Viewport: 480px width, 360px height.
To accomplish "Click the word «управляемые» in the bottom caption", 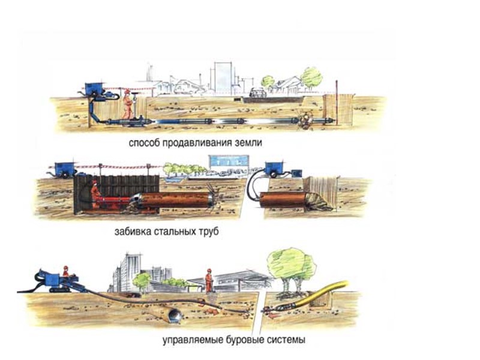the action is (x=188, y=340).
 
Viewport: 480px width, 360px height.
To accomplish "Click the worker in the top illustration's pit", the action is (x=127, y=104).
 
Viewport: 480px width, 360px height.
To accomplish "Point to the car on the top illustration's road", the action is (x=257, y=93).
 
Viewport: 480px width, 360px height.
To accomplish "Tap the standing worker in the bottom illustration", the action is (x=209, y=278).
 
